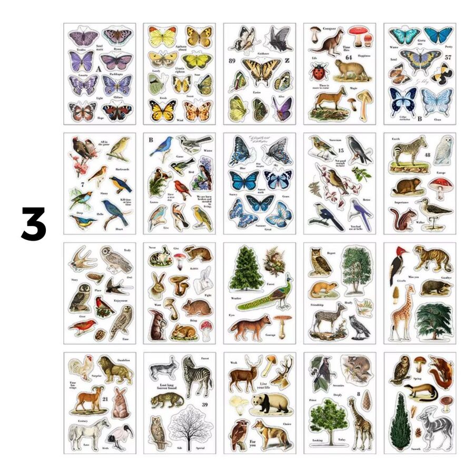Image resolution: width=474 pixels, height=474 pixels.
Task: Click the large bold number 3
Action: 34,224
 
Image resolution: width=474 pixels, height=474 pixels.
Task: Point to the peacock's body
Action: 280,299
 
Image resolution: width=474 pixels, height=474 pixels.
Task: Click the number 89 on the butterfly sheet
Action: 232,61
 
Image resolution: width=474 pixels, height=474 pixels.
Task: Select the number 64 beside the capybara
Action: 348,57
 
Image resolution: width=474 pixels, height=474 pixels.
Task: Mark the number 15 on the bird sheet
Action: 333,151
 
